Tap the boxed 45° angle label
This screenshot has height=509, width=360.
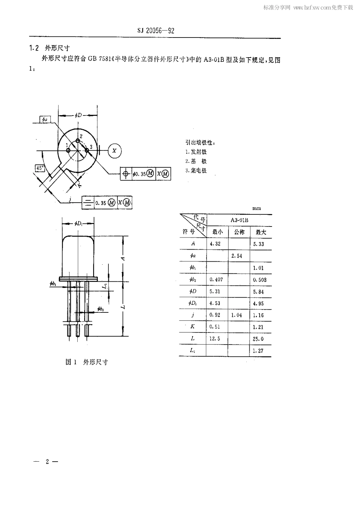pyautogui.click(x=40, y=168)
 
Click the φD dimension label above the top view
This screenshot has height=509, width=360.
pyautogui.click(x=78, y=115)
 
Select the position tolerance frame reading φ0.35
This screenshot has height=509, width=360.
pyautogui.click(x=146, y=174)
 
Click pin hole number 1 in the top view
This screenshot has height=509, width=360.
pyautogui.click(x=68, y=150)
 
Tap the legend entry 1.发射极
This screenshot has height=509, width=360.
pyautogui.click(x=196, y=152)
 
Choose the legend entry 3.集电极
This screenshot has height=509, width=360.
pyautogui.click(x=196, y=170)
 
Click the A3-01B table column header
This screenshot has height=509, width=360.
pyautogui.click(x=239, y=220)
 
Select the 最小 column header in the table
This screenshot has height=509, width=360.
pyautogui.click(x=218, y=232)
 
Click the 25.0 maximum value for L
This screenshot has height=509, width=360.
pyautogui.click(x=258, y=339)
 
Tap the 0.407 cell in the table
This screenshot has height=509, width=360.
pyautogui.click(x=216, y=279)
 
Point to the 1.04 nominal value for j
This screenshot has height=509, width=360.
pyautogui.click(x=237, y=315)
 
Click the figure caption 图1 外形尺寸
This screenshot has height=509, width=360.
pyautogui.click(x=87, y=362)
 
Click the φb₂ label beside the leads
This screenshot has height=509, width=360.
pyautogui.click(x=101, y=309)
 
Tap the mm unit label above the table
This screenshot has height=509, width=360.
pyautogui.click(x=257, y=208)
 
